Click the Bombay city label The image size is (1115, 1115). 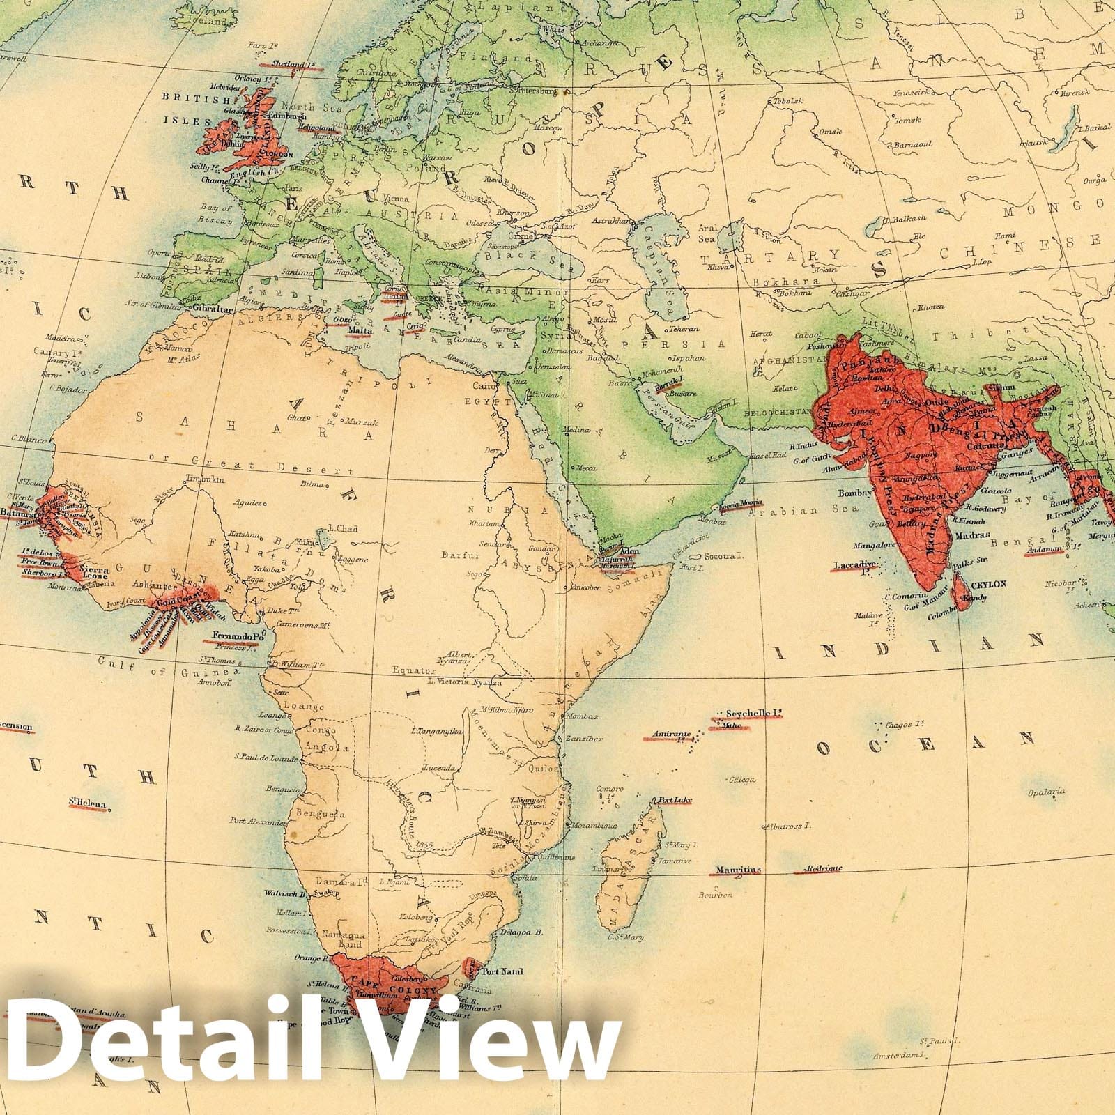coord(854,493)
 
